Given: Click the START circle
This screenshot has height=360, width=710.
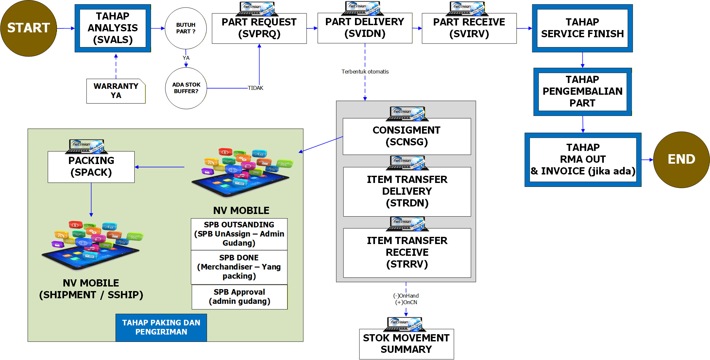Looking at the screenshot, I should [28, 28].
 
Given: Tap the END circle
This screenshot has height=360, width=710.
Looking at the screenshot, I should [681, 159].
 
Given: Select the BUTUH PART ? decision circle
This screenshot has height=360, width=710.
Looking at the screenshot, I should [186, 28].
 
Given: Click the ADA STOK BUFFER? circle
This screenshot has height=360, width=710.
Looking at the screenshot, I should [186, 88].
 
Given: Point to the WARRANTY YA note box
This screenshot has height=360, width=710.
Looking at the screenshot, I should [116, 91].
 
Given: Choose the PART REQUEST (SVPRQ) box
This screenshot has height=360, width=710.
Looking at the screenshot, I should [259, 28].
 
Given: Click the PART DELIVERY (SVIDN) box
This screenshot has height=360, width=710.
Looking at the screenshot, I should [365, 28].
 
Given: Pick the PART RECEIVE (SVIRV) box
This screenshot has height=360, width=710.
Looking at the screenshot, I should [469, 28].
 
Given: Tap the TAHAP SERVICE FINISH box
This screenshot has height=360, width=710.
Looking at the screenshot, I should [582, 28].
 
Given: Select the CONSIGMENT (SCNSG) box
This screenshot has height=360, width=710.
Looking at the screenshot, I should [407, 136].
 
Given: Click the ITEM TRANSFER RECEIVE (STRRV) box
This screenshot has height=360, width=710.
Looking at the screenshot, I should [407, 253].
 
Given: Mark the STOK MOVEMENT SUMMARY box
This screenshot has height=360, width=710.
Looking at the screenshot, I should [406, 344].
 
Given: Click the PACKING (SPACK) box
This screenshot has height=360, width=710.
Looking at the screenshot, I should [91, 167].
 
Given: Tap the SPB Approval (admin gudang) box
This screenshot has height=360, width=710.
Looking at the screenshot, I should [240, 297].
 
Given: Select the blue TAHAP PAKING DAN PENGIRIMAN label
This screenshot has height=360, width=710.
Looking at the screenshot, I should [161, 327].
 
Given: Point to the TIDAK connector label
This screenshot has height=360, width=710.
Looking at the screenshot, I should [255, 88].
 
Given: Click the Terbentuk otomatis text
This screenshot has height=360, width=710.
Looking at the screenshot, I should [365, 72].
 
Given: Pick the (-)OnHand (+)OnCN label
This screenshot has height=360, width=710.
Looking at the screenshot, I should [406, 299].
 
